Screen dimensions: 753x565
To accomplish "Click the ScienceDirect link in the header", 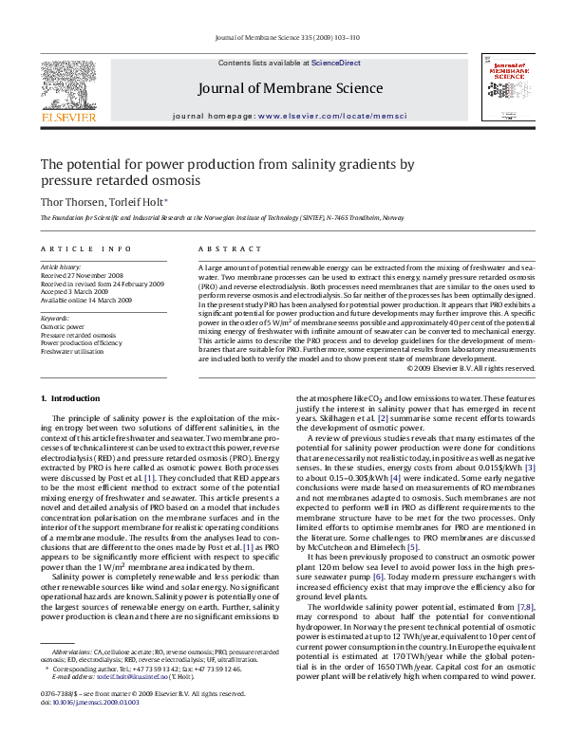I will click(336, 62).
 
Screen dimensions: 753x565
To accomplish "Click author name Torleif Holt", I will click(136, 202).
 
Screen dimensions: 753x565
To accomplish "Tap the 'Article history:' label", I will click(60, 268).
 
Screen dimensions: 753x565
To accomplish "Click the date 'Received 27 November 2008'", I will click(81, 276).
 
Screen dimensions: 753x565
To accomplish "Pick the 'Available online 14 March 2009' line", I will click(85, 299).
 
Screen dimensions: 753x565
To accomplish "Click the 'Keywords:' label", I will click(55, 318).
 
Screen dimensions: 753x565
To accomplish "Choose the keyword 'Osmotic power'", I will click(61, 326).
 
